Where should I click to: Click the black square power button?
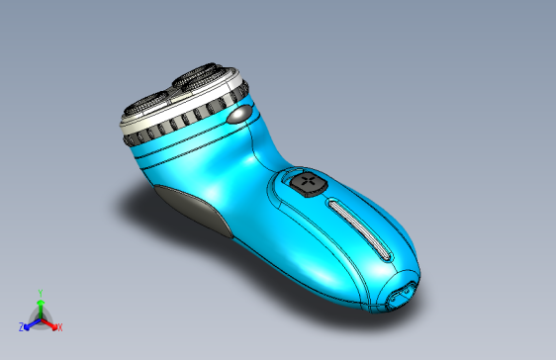[x=309, y=182]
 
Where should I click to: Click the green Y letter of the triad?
[x=40, y=293]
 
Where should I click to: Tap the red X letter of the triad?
[x=59, y=326]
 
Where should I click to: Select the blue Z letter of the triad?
[x=21, y=326]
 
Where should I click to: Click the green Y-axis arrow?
[x=40, y=307]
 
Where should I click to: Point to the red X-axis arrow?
[x=50, y=323]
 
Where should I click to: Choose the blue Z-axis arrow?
[x=30, y=323]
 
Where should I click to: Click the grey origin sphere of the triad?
[x=40, y=318]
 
